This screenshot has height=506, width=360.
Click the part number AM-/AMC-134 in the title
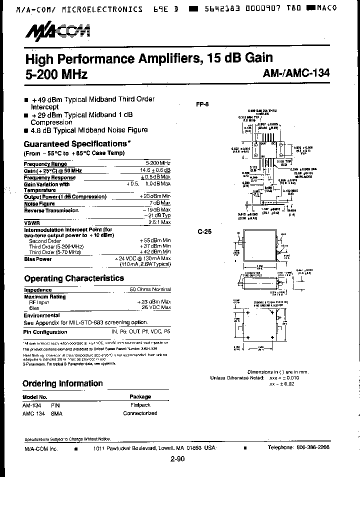pyautogui.click(x=296, y=73)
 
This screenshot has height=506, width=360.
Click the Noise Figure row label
pyautogui.click(x=39, y=203)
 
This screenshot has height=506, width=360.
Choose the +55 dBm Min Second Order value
pyautogui.click(x=155, y=240)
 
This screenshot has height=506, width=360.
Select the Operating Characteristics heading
pyautogui.click(x=74, y=278)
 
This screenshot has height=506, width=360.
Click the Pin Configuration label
pyautogui.click(x=45, y=331)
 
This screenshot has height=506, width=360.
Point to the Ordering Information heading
pyautogui.click(x=62, y=383)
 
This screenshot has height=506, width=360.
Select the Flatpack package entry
pyautogui.click(x=140, y=405)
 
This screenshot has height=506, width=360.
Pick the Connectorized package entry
pyautogui.click(x=140, y=413)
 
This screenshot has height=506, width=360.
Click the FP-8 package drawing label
pyautogui.click(x=201, y=105)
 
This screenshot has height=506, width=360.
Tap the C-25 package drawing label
pyautogui.click(x=202, y=231)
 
